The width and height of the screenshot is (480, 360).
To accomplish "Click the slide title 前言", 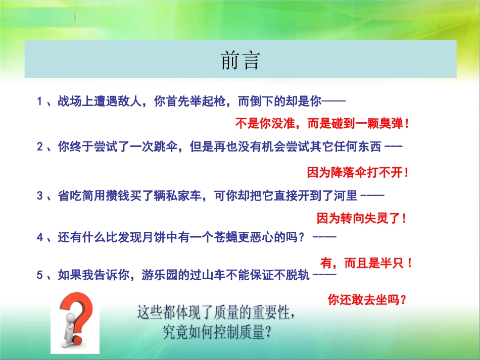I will (x=240, y=61).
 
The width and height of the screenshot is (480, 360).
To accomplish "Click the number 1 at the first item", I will (x=39, y=101).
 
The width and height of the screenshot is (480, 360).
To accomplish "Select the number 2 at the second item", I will (x=39, y=147).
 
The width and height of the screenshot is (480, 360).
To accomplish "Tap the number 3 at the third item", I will (x=39, y=196).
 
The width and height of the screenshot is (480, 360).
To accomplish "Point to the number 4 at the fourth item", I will (x=39, y=236).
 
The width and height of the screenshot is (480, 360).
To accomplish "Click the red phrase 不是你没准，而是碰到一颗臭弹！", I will (x=322, y=123).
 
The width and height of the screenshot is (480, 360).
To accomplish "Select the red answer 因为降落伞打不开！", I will (x=358, y=173).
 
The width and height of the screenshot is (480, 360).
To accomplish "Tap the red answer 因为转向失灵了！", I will (x=361, y=219).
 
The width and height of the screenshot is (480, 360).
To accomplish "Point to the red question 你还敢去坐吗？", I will (x=367, y=300).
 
